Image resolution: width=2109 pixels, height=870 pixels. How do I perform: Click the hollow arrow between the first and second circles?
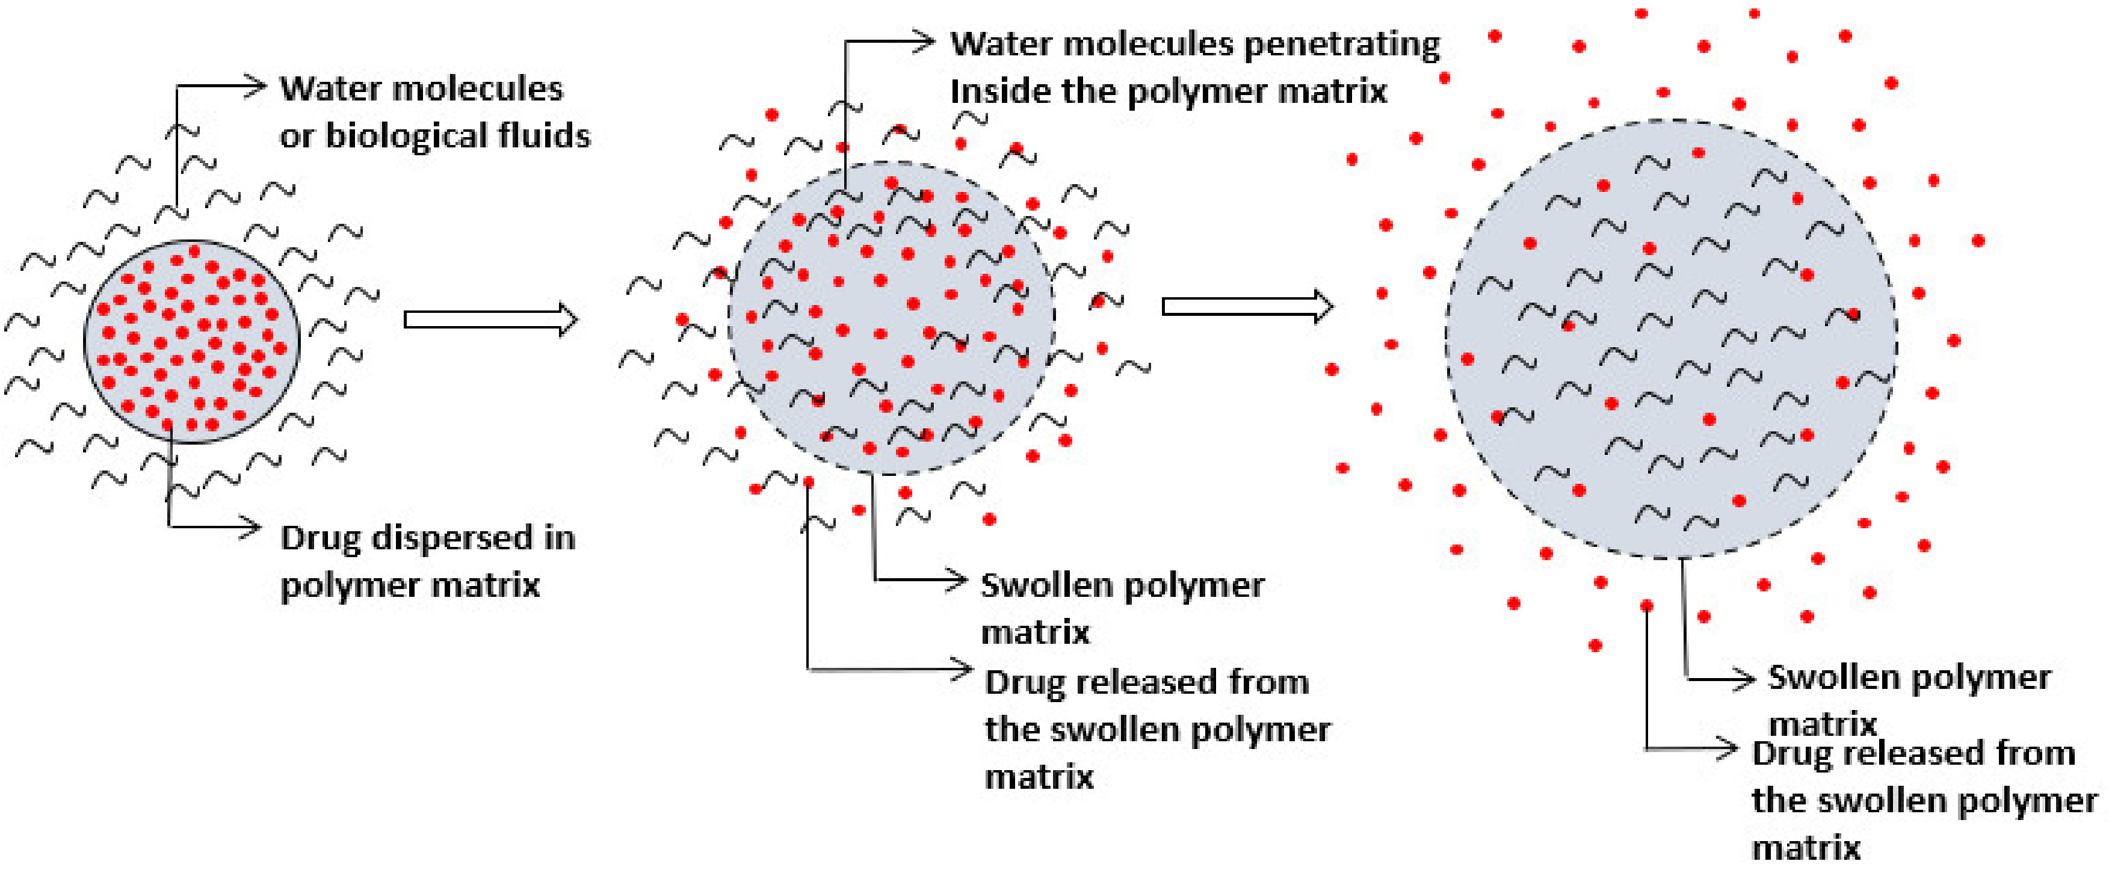pyautogui.click(x=491, y=319)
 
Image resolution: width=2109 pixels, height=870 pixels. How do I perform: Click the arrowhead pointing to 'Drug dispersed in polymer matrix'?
pyautogui.click(x=252, y=526)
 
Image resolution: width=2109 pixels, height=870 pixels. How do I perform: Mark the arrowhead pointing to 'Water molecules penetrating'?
pyautogui.click(x=926, y=40)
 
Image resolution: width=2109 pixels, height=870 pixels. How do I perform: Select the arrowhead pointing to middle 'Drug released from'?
pyautogui.click(x=963, y=670)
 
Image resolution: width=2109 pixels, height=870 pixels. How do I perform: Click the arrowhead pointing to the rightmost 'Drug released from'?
pyautogui.click(x=1729, y=747)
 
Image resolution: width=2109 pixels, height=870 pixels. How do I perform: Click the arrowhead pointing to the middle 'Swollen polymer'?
pyautogui.click(x=959, y=580)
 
